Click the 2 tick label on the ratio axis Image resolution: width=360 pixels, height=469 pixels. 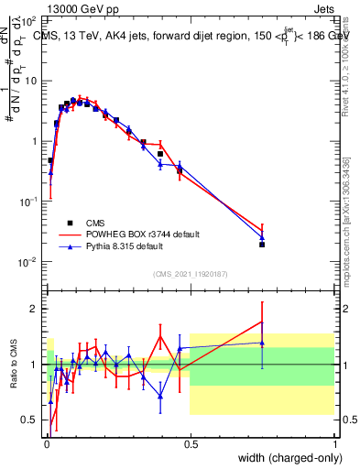[36, 309]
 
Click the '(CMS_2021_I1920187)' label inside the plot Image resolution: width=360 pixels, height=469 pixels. [190, 275]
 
